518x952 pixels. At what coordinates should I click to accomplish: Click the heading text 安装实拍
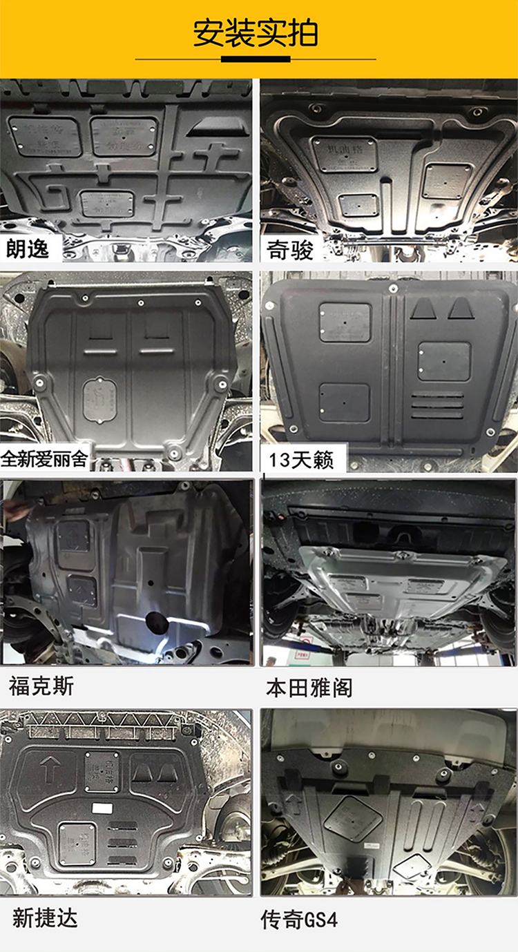pyautogui.click(x=256, y=33)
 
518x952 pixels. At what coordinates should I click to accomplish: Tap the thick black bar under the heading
pyautogui.click(x=256, y=59)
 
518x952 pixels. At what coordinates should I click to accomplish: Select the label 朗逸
pyautogui.click(x=28, y=249)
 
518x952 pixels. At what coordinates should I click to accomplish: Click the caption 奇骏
pyautogui.click(x=290, y=250)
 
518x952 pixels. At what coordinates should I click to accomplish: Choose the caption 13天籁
pyautogui.click(x=301, y=460)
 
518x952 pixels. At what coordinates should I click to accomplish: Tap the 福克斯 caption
pyautogui.click(x=41, y=686)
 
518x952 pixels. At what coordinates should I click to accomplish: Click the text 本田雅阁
pyautogui.click(x=309, y=688)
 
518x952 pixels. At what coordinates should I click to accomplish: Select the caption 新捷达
pyautogui.click(x=45, y=917)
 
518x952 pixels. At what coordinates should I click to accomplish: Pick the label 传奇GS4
pyautogui.click(x=299, y=920)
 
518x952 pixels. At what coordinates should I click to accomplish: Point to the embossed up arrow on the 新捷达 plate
pyautogui.click(x=49, y=768)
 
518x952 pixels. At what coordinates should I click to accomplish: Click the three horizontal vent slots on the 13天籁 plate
pyautogui.click(x=438, y=405)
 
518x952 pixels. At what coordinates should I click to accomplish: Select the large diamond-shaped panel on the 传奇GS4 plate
pyautogui.click(x=353, y=819)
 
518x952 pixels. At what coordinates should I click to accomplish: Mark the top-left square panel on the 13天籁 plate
pyautogui.click(x=345, y=322)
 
